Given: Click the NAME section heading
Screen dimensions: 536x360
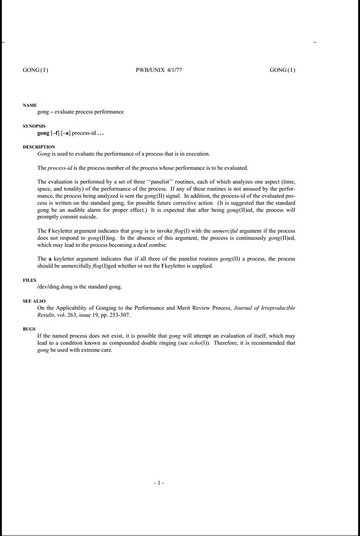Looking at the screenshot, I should click(x=30, y=105).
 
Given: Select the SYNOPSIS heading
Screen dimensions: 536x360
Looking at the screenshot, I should click(x=34, y=126).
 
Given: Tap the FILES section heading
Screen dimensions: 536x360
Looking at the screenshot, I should click(x=29, y=280).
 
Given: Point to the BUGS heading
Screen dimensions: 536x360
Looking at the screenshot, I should click(x=29, y=329).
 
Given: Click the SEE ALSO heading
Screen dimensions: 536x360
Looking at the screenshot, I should click(x=34, y=301).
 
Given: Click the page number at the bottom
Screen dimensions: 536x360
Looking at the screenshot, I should click(x=159, y=483).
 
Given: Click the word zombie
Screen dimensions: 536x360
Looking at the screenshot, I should click(x=158, y=245).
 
